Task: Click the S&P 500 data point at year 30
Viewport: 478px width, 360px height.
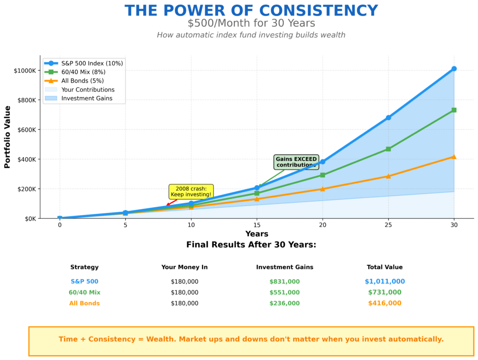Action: click(454, 69)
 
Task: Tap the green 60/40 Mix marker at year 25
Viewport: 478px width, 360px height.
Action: click(388, 149)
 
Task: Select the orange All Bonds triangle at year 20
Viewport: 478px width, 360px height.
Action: click(322, 189)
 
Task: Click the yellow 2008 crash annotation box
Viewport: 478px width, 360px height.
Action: click(191, 191)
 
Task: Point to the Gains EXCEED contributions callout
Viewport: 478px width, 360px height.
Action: click(296, 162)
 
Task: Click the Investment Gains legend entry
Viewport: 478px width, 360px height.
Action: click(84, 99)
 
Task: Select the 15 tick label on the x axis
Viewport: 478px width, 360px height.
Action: click(257, 225)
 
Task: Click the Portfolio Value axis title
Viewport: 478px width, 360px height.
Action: click(7, 137)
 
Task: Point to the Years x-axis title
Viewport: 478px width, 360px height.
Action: click(257, 234)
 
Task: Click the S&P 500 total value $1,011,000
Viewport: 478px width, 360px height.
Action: click(385, 282)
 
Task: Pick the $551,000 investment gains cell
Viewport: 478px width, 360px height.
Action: click(284, 292)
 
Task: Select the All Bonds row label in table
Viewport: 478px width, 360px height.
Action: click(84, 303)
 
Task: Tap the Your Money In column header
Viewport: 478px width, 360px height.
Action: click(184, 267)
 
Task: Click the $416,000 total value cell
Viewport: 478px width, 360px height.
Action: click(385, 303)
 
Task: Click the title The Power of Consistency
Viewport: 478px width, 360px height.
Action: click(251, 11)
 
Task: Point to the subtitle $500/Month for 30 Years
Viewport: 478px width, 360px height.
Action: click(251, 23)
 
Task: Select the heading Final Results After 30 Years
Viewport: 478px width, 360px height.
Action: click(251, 245)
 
